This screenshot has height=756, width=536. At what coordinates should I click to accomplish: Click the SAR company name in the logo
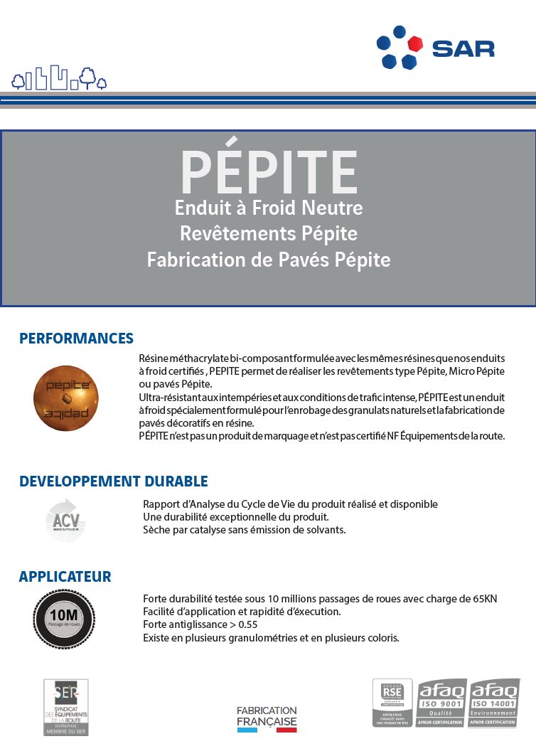pyautogui.click(x=463, y=48)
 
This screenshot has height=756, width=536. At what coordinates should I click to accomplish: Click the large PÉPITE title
pyautogui.click(x=269, y=171)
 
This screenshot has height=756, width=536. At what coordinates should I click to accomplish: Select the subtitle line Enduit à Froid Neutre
pyautogui.click(x=269, y=208)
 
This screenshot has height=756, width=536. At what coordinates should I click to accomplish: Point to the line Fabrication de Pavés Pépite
pyautogui.click(x=269, y=260)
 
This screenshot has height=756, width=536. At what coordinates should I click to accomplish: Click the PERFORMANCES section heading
pyautogui.click(x=76, y=339)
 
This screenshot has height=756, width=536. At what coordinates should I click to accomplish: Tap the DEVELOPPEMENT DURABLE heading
pyautogui.click(x=113, y=481)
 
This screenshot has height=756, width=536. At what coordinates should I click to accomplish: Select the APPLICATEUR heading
pyautogui.click(x=65, y=576)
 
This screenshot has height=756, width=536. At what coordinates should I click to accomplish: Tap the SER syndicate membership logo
pyautogui.click(x=66, y=706)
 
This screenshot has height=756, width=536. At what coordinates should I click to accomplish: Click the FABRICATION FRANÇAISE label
pyautogui.click(x=267, y=718)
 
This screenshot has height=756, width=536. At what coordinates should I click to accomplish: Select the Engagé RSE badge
pyautogui.click(x=392, y=703)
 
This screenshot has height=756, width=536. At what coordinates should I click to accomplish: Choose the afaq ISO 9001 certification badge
pyautogui.click(x=441, y=703)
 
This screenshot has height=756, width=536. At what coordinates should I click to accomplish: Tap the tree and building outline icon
pyautogui.click(x=59, y=79)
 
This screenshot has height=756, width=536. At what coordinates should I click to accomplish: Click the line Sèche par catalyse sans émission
pyautogui.click(x=244, y=530)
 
